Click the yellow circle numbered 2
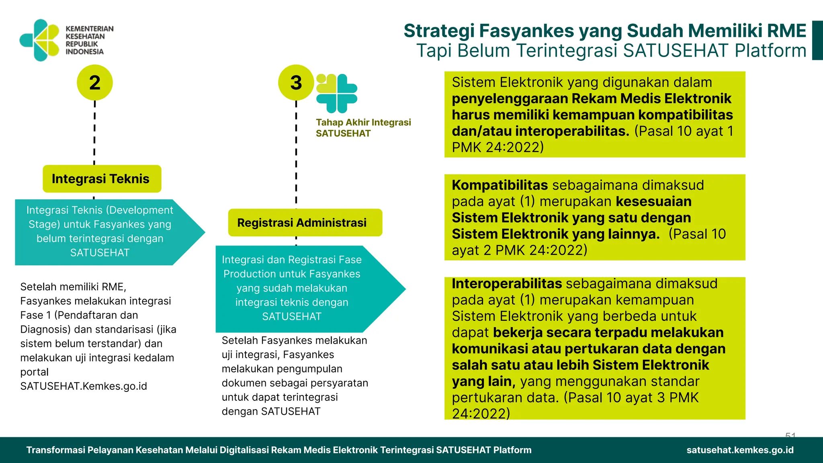tap(94, 82)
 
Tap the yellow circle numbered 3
tap(296, 82)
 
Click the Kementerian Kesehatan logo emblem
tap(39, 40)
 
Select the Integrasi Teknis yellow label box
tap(102, 179)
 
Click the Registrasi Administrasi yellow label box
tap(305, 223)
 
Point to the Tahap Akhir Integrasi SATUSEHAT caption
tap(363, 128)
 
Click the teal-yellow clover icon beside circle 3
tap(337, 93)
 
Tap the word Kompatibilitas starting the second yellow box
tap(500, 185)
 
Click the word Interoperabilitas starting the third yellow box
tap(506, 284)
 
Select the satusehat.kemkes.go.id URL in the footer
tap(740, 450)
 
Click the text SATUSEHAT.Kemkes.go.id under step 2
tap(84, 386)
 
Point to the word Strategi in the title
tap(438, 31)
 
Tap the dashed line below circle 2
tap(94, 133)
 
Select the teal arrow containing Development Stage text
tap(104, 232)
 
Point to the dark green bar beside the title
tap(817, 40)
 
